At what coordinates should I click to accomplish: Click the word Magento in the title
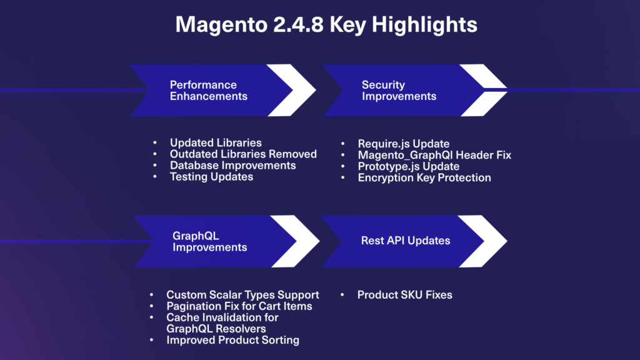point(221,25)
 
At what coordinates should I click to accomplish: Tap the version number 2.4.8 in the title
point(298,24)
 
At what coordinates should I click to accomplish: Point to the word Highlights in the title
point(424,25)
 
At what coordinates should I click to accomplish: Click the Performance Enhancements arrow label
point(209,90)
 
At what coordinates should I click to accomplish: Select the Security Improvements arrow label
point(399,90)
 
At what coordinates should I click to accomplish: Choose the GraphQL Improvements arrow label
point(209,241)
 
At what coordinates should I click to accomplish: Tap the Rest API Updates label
point(405,241)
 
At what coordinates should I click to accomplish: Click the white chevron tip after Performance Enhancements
point(316,90)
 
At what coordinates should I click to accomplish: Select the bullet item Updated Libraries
point(216,143)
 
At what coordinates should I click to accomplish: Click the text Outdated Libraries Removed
point(243,154)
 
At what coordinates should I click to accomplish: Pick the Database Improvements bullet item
point(232,165)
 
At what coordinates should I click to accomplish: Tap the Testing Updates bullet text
point(211,177)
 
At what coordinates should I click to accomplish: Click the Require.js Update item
point(404,144)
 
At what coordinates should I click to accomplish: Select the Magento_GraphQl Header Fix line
point(434,155)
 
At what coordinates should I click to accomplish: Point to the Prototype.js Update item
point(409,166)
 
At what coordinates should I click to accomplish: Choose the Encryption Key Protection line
point(424,178)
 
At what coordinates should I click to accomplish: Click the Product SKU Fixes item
point(404,295)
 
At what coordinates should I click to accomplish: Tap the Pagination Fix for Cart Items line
point(239,306)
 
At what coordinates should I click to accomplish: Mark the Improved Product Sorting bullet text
point(232,340)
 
